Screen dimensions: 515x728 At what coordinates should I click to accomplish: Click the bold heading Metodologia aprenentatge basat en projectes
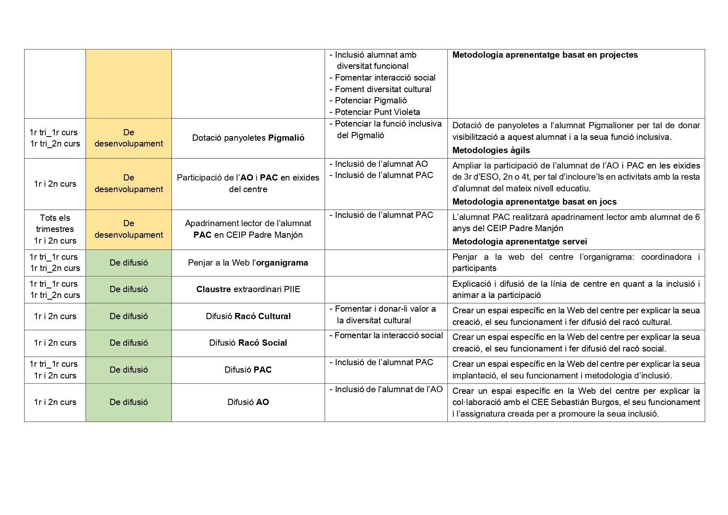pyautogui.click(x=545, y=55)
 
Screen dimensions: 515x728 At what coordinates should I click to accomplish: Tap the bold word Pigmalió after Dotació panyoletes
pyautogui.click(x=286, y=138)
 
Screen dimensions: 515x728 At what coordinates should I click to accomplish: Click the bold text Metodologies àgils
pyautogui.click(x=491, y=150)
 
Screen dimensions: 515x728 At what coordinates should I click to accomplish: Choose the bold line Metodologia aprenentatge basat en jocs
pyautogui.click(x=534, y=202)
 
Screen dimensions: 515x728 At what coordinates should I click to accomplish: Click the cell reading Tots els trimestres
pyautogui.click(x=55, y=223)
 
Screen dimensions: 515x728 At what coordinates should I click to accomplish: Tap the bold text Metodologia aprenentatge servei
pyautogui.click(x=519, y=242)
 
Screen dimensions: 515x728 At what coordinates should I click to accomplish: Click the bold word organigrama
pyautogui.click(x=282, y=263)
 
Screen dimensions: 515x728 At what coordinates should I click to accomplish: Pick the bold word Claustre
pyautogui.click(x=213, y=289)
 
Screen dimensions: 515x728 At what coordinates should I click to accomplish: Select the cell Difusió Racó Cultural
pyautogui.click(x=248, y=316)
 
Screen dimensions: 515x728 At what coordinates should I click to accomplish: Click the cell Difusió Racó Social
pyautogui.click(x=248, y=343)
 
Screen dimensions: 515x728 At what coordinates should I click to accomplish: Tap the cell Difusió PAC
pyautogui.click(x=248, y=370)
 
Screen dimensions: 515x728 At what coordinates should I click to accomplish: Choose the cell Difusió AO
pyautogui.click(x=248, y=402)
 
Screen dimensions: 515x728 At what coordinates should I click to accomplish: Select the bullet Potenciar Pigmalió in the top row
pyautogui.click(x=370, y=100)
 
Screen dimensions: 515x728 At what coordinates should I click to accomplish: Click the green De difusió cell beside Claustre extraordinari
pyautogui.click(x=129, y=289)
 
